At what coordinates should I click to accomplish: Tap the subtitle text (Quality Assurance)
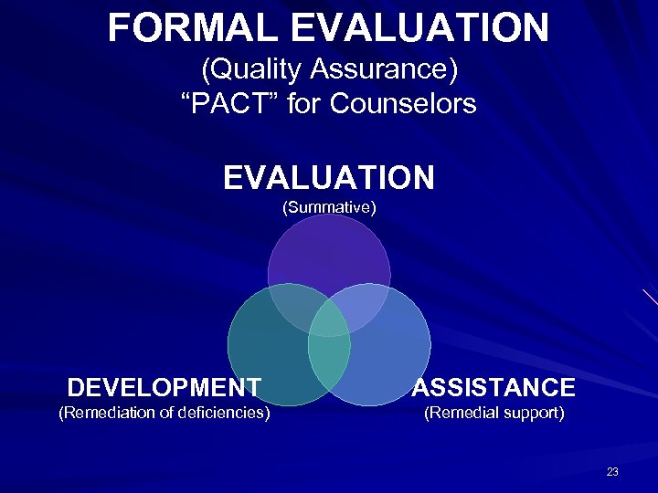pos(329,68)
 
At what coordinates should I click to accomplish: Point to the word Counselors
pos(403,104)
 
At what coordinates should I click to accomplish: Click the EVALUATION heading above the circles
pos(329,177)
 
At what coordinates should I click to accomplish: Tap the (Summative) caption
pos(329,207)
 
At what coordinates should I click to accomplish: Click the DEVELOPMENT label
pos(164,387)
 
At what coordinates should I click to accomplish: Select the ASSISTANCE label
pos(493,387)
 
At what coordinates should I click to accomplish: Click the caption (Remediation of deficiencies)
pos(164,413)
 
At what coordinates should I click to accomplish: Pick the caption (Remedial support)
pos(493,413)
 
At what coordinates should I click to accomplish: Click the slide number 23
pos(611,472)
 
